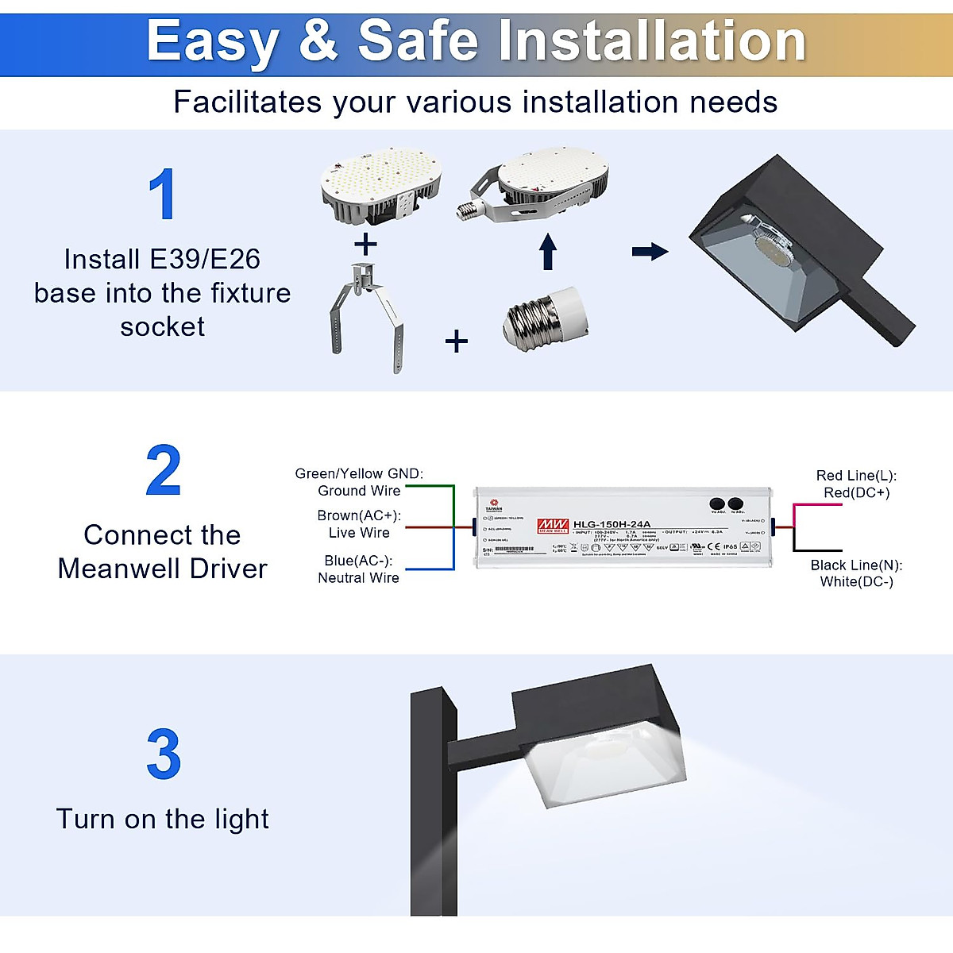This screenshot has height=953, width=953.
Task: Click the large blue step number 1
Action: pos(163,195)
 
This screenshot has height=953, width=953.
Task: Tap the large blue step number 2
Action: pos(163,471)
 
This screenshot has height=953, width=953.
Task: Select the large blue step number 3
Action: pos(163,754)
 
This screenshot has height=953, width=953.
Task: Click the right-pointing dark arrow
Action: pos(650,252)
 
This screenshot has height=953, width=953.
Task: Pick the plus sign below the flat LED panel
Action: pos(365,244)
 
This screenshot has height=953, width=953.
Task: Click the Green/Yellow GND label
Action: pos(359,474)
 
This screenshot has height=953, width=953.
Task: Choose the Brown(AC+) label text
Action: pos(359,516)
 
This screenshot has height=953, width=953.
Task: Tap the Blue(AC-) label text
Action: pos(358,561)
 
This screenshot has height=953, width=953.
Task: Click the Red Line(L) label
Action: pos(856,476)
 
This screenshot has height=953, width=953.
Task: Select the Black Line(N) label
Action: pos(856,565)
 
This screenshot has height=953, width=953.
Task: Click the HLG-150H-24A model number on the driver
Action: pos(612,524)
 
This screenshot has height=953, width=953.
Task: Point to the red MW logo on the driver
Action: pos(553,525)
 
